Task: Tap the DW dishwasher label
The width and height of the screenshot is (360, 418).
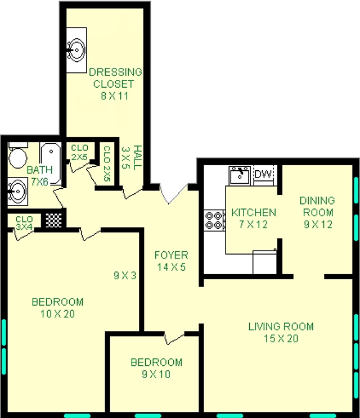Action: tap(263, 175)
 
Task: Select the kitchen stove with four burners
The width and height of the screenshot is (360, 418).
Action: tap(214, 220)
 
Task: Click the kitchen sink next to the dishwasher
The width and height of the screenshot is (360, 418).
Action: tap(240, 175)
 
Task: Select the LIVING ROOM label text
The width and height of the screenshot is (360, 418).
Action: tap(281, 326)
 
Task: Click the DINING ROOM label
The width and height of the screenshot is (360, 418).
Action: tap(317, 206)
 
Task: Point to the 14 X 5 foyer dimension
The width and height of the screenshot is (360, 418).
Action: tap(171, 267)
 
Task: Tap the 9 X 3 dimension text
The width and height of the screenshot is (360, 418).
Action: tap(124, 275)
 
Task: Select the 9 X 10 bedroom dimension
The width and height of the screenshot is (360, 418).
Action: tap(156, 374)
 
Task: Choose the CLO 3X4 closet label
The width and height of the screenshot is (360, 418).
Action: tap(24, 223)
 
